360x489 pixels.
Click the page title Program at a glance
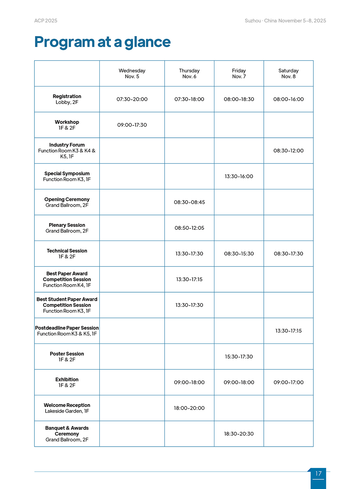pyautogui.click(x=102, y=42)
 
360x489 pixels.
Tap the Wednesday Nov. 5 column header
pyautogui.click(x=132, y=73)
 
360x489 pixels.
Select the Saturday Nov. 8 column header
pyautogui.click(x=288, y=73)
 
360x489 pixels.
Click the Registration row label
pyautogui.click(x=67, y=99)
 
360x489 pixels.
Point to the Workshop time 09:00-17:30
pyautogui.click(x=132, y=125)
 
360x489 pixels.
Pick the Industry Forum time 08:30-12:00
pyautogui.click(x=288, y=150)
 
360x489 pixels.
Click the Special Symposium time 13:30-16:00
pyautogui.click(x=239, y=176)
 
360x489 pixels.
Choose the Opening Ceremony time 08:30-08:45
pyautogui.click(x=189, y=202)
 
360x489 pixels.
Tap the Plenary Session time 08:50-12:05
pyautogui.click(x=189, y=228)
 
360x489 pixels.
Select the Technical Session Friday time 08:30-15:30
pyautogui.click(x=239, y=254)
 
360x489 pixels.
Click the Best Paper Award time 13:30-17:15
pyautogui.click(x=189, y=279)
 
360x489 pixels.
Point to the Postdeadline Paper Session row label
pyautogui.click(x=67, y=331)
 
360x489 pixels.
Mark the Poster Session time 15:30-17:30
pyautogui.click(x=239, y=357)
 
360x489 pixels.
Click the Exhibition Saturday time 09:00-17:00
pyautogui.click(x=288, y=382)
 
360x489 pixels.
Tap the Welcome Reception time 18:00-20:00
pyautogui.click(x=189, y=408)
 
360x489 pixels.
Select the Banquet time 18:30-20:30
pyautogui.click(x=239, y=434)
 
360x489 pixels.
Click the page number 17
pyautogui.click(x=318, y=473)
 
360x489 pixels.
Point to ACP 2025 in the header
pyautogui.click(x=46, y=21)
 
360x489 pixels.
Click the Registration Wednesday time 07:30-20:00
pyautogui.click(x=132, y=99)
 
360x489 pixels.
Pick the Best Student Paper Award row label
pyautogui.click(x=67, y=305)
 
